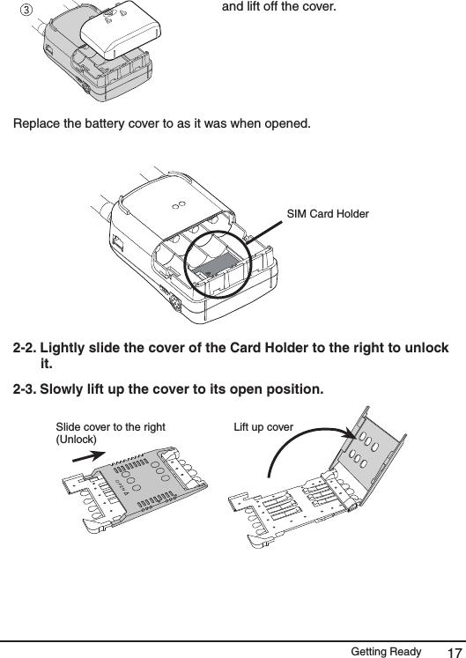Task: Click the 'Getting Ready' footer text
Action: pyautogui.click(x=385, y=651)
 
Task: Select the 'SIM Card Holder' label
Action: pyautogui.click(x=329, y=215)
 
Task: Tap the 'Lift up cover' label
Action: pyautogui.click(x=263, y=427)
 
